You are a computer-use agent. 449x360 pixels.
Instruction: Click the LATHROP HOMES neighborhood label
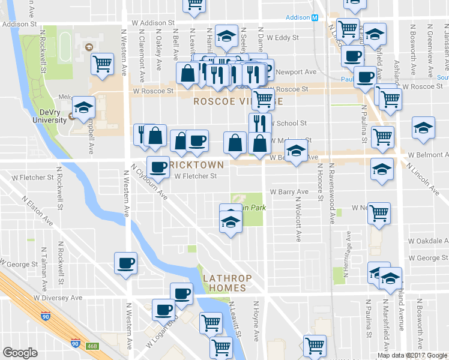(224, 283)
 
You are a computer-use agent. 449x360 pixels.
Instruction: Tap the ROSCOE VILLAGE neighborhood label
(233, 102)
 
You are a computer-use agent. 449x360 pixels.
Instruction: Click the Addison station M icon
(315, 17)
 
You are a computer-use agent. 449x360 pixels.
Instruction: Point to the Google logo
(20, 353)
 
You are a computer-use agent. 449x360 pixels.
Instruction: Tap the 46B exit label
(91, 346)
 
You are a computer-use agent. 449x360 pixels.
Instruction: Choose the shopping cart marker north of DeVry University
(103, 62)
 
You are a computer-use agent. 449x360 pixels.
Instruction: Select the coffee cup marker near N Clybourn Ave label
(158, 166)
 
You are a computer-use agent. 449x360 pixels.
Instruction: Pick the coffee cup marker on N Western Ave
(125, 263)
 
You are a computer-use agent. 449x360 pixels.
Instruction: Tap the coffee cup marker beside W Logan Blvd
(163, 310)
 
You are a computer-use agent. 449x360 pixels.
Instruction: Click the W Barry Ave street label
(289, 192)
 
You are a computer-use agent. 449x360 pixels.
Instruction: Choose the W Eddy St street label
(283, 37)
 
